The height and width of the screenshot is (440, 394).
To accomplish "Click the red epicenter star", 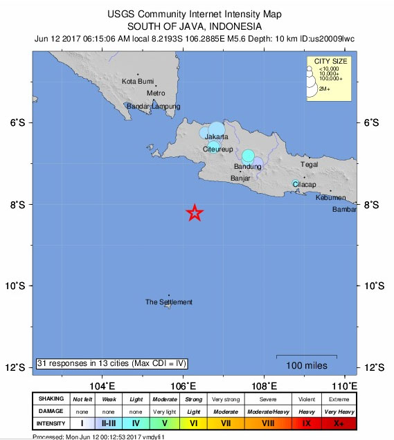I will coord(195,213).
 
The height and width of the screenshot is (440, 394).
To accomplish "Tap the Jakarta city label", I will coord(217,137).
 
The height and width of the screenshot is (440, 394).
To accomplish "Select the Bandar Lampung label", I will coord(154,107).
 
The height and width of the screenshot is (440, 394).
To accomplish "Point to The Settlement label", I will coord(168,302).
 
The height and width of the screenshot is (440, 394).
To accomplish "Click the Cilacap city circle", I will coord(296,184).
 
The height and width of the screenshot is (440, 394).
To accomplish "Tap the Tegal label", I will coord(309,165).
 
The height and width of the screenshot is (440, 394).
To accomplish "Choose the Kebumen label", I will coord(330,198).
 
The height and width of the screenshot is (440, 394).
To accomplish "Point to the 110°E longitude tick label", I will coord(344,385).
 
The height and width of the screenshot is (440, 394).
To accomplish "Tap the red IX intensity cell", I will coord(305,423).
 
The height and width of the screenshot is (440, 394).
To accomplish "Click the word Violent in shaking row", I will coord(305,399).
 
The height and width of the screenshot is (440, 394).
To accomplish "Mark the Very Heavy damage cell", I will coord(339,411).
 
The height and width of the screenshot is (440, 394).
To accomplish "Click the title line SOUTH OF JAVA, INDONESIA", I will coord(196,27).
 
